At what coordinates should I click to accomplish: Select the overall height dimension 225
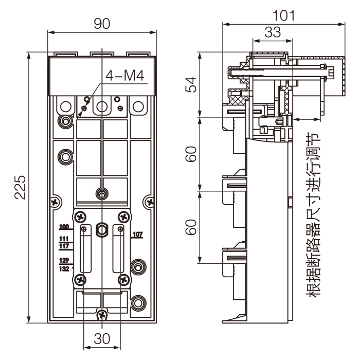point(19,187)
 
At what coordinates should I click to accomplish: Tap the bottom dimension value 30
point(102,339)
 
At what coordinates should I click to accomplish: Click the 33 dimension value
point(272,32)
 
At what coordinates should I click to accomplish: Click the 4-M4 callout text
point(126,76)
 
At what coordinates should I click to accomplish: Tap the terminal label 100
point(64,227)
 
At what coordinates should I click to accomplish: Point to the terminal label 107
point(137,235)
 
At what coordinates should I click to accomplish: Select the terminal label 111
point(64,239)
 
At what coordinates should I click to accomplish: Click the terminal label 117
point(64,245)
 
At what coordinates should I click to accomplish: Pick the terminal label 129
point(64,260)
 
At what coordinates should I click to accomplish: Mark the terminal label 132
point(64,268)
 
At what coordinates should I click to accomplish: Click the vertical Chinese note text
point(312,216)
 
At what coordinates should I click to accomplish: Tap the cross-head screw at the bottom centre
point(103,313)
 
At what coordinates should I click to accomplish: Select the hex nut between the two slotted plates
point(102,227)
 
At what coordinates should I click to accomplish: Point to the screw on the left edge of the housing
point(55,201)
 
